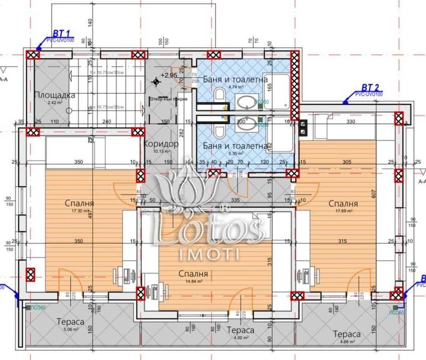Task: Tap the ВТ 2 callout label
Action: pyautogui.click(x=370, y=87)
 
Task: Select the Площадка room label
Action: pyautogui.click(x=55, y=95)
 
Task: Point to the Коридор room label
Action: pyautogui.click(x=161, y=144)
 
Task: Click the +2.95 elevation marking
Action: pyautogui.click(x=169, y=75)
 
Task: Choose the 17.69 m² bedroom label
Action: pyautogui.click(x=344, y=204)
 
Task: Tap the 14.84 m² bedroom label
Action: pyautogui.click(x=194, y=275)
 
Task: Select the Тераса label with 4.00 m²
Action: pyautogui.click(x=240, y=330)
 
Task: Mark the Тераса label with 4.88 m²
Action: pyautogui.click(x=346, y=334)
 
